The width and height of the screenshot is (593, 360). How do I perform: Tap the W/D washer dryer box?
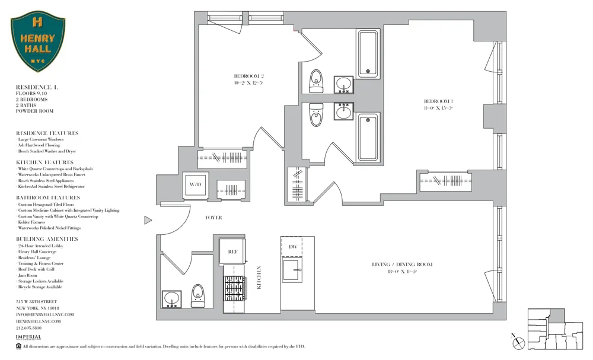pyautogui.click(x=195, y=185)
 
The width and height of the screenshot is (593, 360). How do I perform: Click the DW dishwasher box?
pyautogui.click(x=292, y=246)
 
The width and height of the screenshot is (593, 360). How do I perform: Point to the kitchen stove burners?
pyautogui.click(x=234, y=289)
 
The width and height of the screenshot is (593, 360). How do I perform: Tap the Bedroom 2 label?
pyautogui.click(x=248, y=76)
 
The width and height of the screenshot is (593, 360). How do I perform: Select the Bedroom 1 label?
pyautogui.click(x=438, y=101)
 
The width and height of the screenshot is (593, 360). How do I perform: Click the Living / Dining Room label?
pyautogui.click(x=402, y=265)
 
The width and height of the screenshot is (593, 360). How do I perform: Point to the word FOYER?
pyautogui.click(x=213, y=218)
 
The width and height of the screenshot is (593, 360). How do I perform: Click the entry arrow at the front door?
pyautogui.click(x=148, y=221)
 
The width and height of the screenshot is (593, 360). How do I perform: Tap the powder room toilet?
pyautogui.click(x=197, y=295)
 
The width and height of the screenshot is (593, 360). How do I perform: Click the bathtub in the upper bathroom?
pyautogui.click(x=368, y=53)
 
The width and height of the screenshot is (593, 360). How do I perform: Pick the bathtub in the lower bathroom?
pyautogui.click(x=368, y=137)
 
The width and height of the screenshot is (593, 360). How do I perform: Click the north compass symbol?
pyautogui.click(x=518, y=341)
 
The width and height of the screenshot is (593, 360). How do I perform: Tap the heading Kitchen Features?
pyautogui.click(x=45, y=163)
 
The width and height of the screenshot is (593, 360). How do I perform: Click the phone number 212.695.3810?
pyautogui.click(x=28, y=327)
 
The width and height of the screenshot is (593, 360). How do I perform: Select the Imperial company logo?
pyautogui.click(x=28, y=337)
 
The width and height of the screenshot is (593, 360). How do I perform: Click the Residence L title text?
pyautogui.click(x=37, y=87)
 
